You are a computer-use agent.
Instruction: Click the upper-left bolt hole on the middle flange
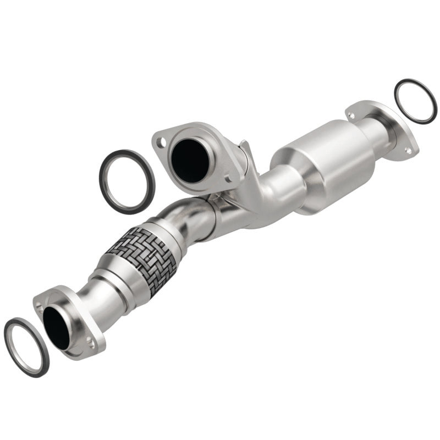160,141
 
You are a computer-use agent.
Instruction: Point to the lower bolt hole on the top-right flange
408,149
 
